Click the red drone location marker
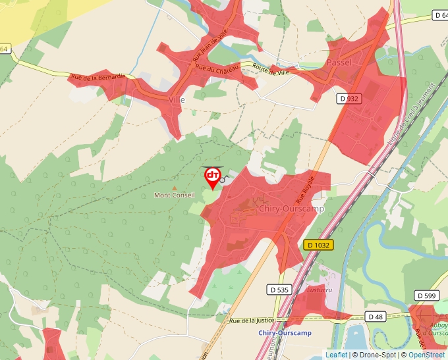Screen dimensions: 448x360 [213, 177]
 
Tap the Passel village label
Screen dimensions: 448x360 [339, 63]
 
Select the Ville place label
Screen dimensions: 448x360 [177, 99]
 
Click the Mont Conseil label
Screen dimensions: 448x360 [174, 195]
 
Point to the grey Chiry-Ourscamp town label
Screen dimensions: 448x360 [291, 209]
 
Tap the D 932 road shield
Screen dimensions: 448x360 [349, 99]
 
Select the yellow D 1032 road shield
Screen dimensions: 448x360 [319, 245]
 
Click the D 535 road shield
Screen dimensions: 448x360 [279, 290]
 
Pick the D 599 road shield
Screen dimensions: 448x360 [427, 296]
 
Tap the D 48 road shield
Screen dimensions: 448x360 [376, 317]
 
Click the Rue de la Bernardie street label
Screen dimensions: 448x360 [98, 77]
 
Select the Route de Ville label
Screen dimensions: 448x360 [271, 68]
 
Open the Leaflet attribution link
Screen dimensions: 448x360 [336, 355]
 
